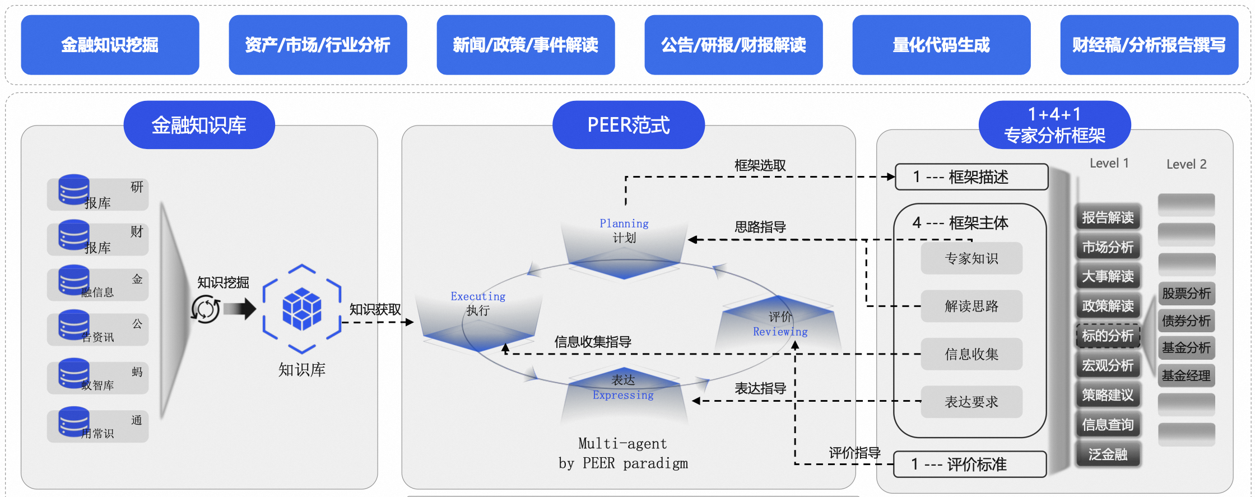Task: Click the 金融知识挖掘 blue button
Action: [110, 45]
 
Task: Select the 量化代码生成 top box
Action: [941, 45]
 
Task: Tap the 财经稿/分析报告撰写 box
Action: [1149, 45]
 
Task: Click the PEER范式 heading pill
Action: [628, 125]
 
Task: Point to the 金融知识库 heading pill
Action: [199, 125]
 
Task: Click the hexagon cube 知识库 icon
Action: [302, 309]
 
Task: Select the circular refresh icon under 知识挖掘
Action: [206, 309]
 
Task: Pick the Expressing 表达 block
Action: [624, 392]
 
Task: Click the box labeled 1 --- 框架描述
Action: [972, 177]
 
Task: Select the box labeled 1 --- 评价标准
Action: [970, 465]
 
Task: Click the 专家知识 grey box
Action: [972, 258]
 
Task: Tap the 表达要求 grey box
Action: [972, 402]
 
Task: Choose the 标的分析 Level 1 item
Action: [1108, 336]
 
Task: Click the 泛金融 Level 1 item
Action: [1108, 454]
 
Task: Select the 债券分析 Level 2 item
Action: [1186, 321]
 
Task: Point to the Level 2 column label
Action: [1186, 164]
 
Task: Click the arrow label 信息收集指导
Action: [593, 342]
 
